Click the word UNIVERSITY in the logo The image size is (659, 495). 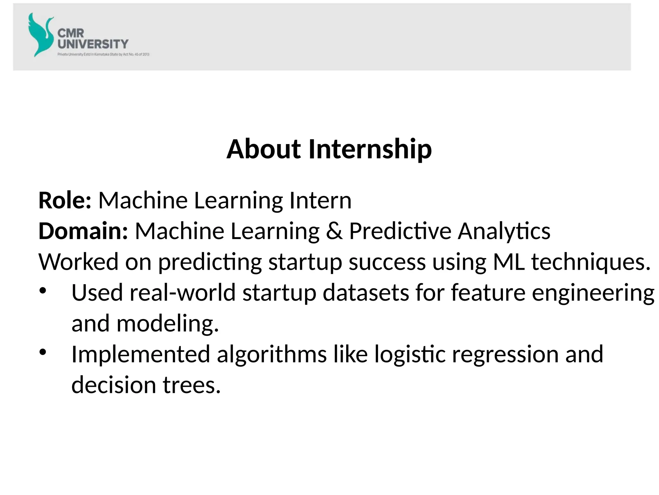pos(93,44)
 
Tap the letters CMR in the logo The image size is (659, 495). pos(71,33)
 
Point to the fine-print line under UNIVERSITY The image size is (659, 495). pos(103,54)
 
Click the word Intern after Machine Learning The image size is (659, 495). pos(320,200)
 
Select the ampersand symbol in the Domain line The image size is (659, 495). pos(334,231)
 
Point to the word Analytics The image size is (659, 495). pos(504,231)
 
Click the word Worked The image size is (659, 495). pos(78,262)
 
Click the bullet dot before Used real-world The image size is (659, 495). pos(43,291)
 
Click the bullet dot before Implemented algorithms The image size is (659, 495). pos(43,352)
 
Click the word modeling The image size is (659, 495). pos(167,324)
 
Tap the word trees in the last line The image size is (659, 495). pos(192,385)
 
